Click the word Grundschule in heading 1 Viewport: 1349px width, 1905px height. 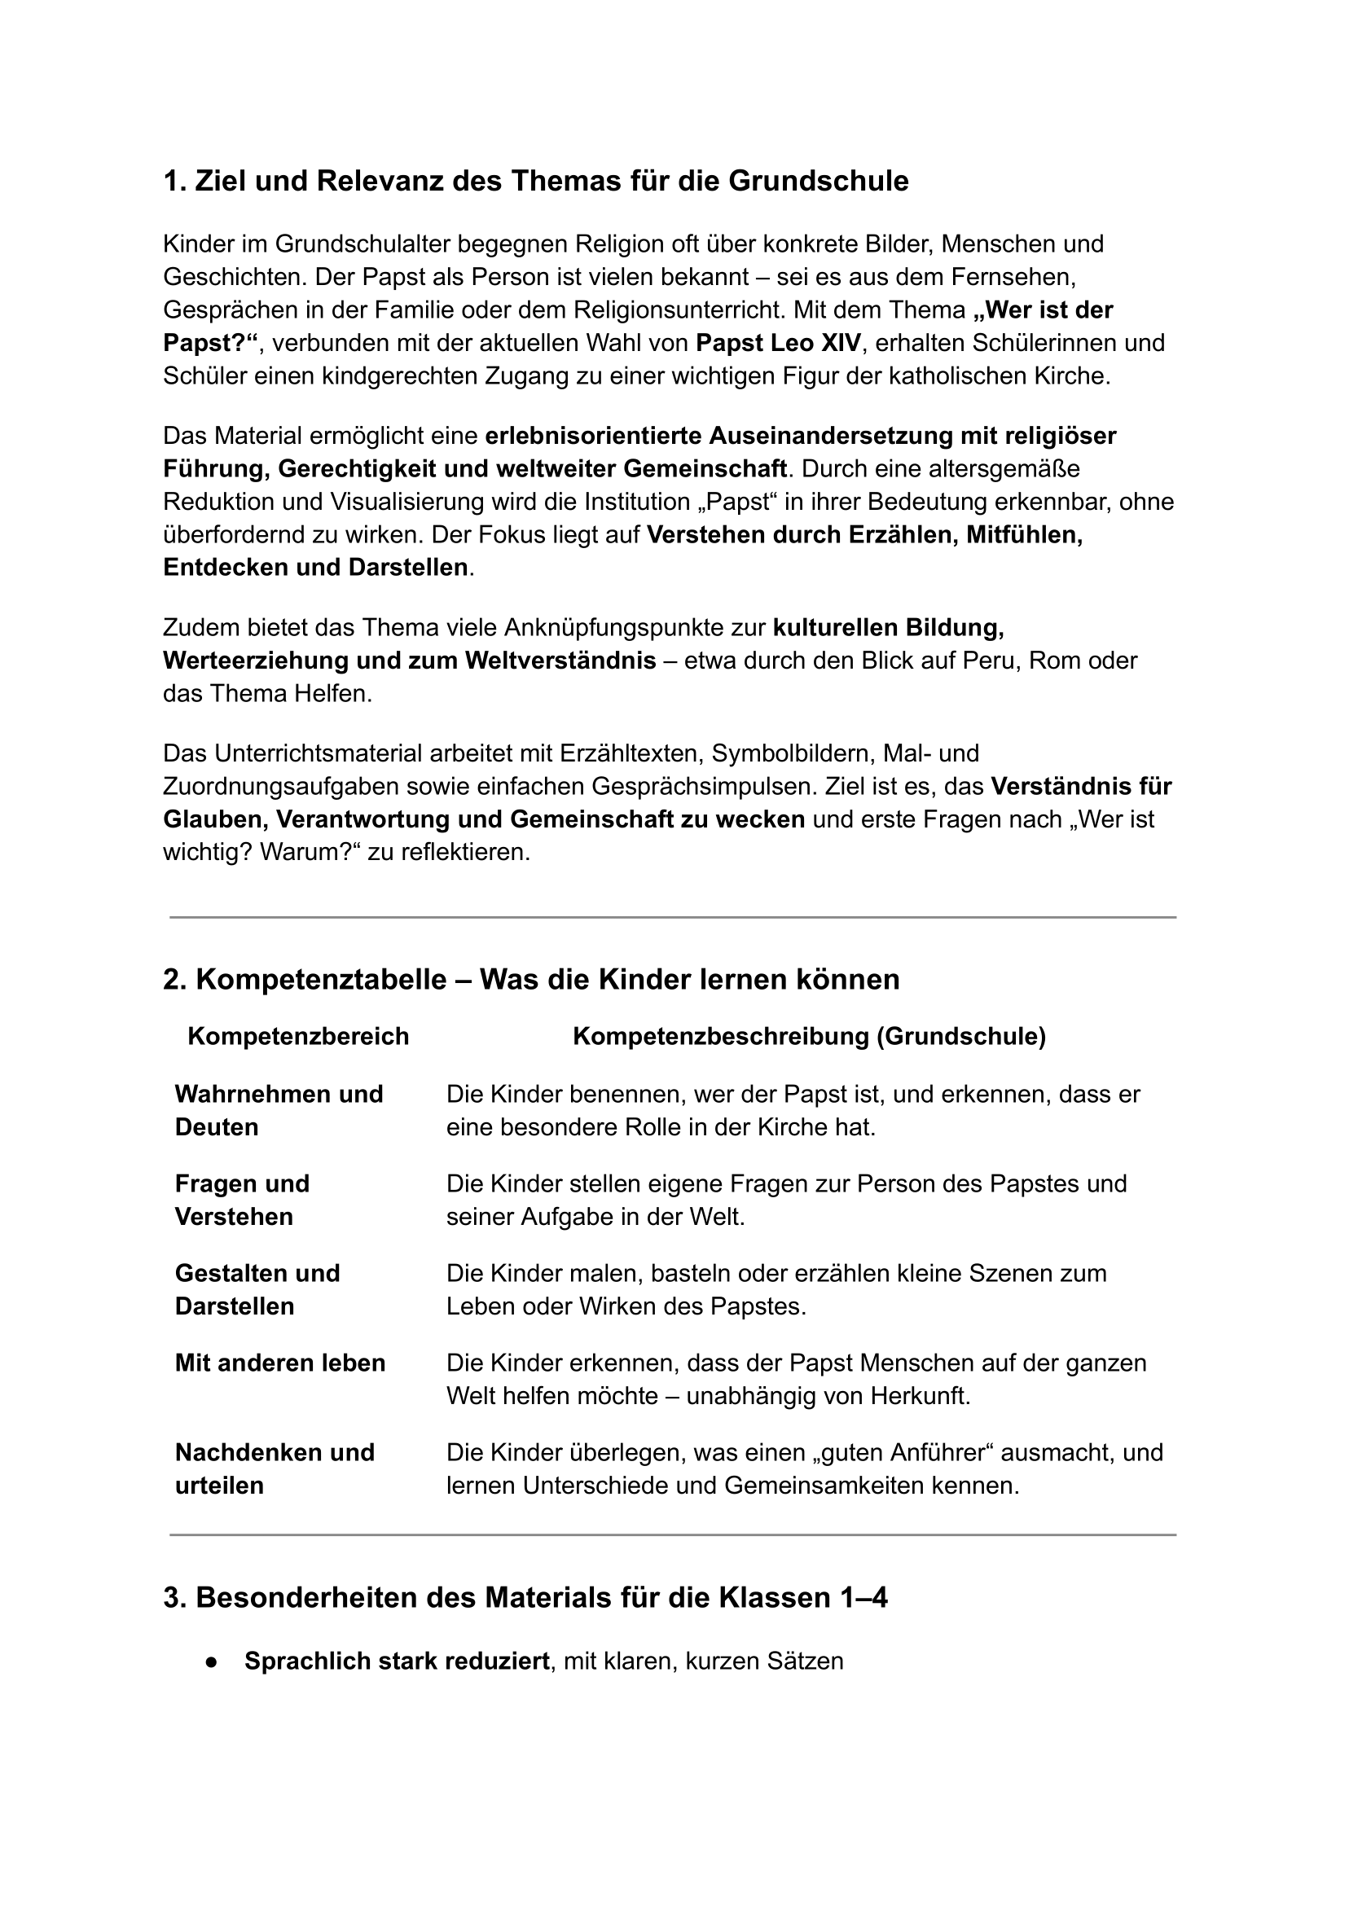click(x=818, y=181)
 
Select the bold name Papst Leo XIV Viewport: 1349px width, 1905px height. click(x=777, y=343)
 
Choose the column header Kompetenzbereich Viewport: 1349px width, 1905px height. click(x=298, y=1036)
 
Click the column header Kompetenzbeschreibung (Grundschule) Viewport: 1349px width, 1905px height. click(x=809, y=1036)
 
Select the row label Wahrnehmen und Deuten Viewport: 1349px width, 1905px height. click(x=279, y=1110)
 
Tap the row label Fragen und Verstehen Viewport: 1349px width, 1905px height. click(x=242, y=1200)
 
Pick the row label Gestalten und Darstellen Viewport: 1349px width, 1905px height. click(x=257, y=1289)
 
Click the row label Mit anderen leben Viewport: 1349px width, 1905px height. click(x=280, y=1363)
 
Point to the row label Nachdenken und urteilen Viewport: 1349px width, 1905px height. click(x=275, y=1469)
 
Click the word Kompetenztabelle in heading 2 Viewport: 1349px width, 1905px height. click(x=321, y=980)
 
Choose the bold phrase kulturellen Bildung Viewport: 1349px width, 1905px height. click(x=888, y=628)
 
